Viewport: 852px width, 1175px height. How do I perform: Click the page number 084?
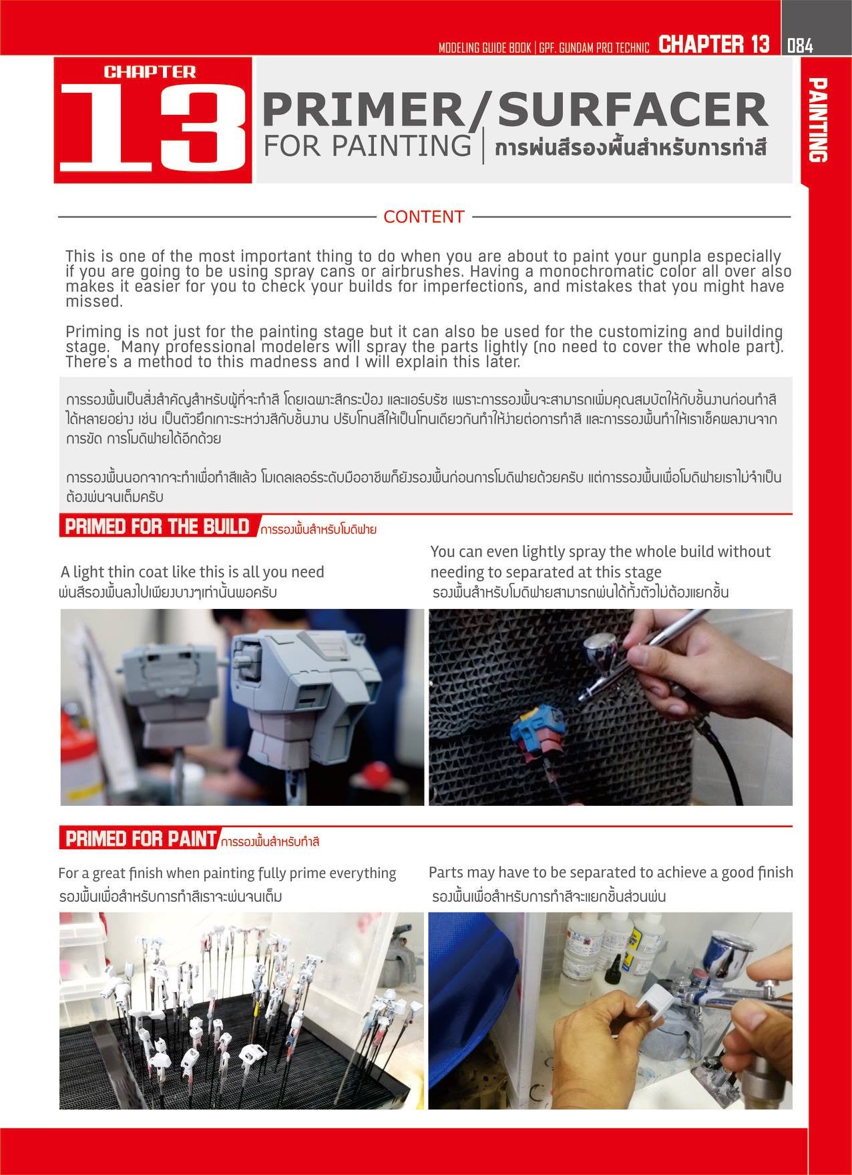click(x=800, y=45)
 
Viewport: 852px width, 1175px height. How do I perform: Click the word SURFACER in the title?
click(x=632, y=111)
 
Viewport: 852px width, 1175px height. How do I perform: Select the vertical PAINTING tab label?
click(x=817, y=120)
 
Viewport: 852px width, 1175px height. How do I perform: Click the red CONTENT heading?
click(x=423, y=217)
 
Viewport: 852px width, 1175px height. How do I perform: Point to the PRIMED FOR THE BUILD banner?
click(x=157, y=527)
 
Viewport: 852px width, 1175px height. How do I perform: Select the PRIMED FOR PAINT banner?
click(x=141, y=839)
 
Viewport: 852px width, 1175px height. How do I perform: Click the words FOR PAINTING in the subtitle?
click(x=367, y=146)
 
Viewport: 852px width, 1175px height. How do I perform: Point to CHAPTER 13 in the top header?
click(x=713, y=45)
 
